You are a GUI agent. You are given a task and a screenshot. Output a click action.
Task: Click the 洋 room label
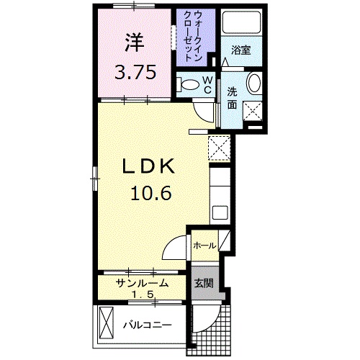pyautogui.click(x=134, y=42)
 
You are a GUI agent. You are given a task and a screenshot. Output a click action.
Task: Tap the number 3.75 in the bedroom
pyautogui.click(x=134, y=72)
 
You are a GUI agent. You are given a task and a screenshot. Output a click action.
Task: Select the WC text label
pyautogui.click(x=207, y=84)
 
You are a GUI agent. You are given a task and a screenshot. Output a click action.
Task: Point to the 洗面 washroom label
pyautogui.click(x=233, y=98)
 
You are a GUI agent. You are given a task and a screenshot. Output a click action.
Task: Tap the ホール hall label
pyautogui.click(x=204, y=246)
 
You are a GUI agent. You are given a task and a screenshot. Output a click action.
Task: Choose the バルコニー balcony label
pyautogui.click(x=147, y=325)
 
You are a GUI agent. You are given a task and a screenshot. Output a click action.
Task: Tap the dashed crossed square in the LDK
pyautogui.click(x=218, y=147)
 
